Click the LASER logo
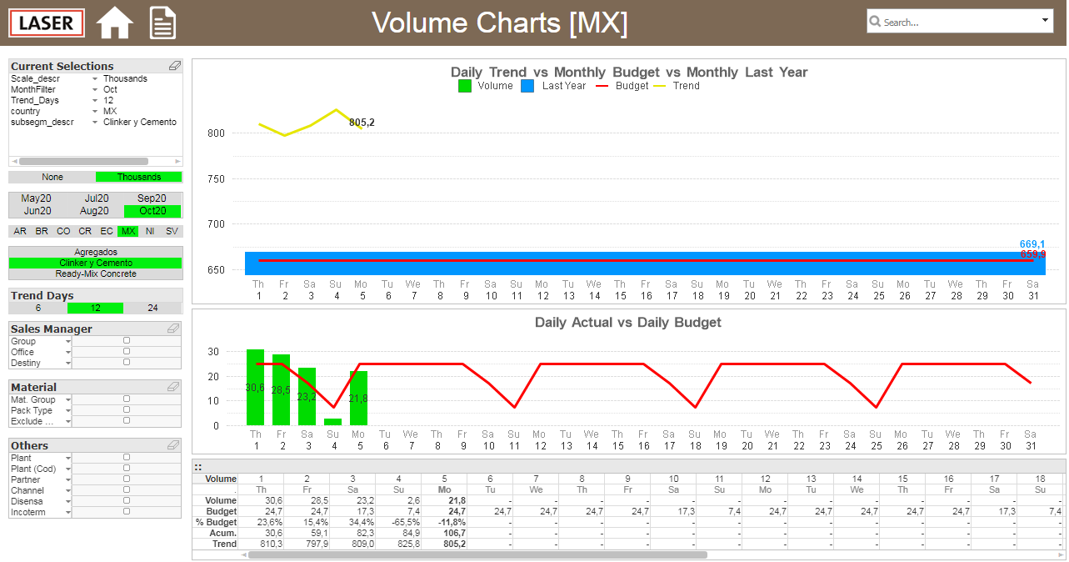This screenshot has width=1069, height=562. pyautogui.click(x=47, y=23)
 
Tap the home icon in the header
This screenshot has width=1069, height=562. pyautogui.click(x=114, y=23)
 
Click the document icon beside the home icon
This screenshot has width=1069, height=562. pyautogui.click(x=162, y=23)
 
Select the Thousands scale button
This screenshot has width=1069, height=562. pyautogui.click(x=139, y=177)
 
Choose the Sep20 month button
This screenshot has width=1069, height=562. pyautogui.click(x=152, y=198)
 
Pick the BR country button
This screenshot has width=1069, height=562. pyautogui.click(x=42, y=231)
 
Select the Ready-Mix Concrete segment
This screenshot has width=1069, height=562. pyautogui.click(x=96, y=273)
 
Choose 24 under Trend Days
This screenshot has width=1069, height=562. pyautogui.click(x=152, y=308)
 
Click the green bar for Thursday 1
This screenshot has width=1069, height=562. pyautogui.click(x=255, y=387)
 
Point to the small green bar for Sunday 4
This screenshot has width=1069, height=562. pyautogui.click(x=332, y=422)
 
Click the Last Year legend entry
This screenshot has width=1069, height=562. pyautogui.click(x=553, y=86)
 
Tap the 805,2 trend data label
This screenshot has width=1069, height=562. pyautogui.click(x=362, y=123)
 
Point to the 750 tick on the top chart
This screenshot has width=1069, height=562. pyautogui.click(x=216, y=178)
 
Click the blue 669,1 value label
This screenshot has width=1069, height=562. pyautogui.click(x=1032, y=244)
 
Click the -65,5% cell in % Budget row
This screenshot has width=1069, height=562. pyautogui.click(x=406, y=522)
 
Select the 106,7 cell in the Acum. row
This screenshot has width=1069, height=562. pyautogui.click(x=454, y=533)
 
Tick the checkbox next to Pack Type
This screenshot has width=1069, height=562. pyautogui.click(x=127, y=409)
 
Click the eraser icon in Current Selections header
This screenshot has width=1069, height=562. pyautogui.click(x=175, y=65)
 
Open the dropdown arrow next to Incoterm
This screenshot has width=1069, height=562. pyautogui.click(x=68, y=513)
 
